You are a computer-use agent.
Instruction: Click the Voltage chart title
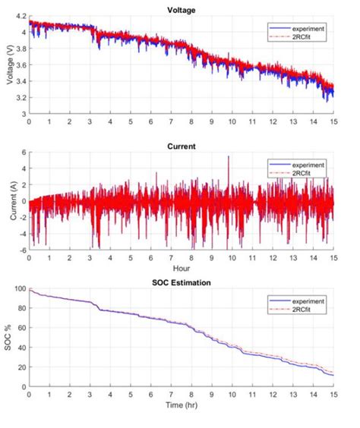pyautogui.click(x=181, y=9)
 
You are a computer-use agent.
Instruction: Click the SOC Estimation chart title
pyautogui.click(x=181, y=282)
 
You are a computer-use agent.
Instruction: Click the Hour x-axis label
pyautogui.click(x=181, y=268)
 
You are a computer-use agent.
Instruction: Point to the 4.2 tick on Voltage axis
pyautogui.click(x=21, y=16)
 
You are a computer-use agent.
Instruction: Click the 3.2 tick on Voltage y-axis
pyautogui.click(x=21, y=98)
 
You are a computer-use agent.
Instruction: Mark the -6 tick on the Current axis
pyautogui.click(x=23, y=250)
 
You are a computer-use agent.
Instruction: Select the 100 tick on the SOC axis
pyautogui.click(x=20, y=290)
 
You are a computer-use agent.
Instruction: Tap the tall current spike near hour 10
pyautogui.click(x=228, y=158)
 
